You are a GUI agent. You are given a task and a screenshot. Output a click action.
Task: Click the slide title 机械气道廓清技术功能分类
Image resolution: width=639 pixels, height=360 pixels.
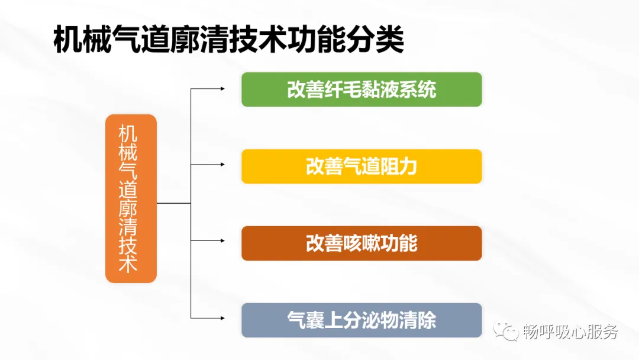[x=228, y=40]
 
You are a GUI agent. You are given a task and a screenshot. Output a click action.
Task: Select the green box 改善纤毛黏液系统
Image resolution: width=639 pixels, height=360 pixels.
[x=362, y=89]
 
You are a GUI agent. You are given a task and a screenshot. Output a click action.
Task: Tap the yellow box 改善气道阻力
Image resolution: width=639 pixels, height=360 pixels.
[x=362, y=166]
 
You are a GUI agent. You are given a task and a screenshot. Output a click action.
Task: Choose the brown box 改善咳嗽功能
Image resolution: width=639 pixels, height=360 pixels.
[x=362, y=243]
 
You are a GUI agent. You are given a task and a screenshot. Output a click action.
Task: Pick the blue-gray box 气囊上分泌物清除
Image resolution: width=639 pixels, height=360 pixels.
[x=362, y=320]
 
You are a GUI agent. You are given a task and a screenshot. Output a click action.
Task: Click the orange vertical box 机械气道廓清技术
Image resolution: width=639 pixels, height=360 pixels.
[x=131, y=198]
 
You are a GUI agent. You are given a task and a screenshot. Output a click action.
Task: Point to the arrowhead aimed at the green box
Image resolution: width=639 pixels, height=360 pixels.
[x=222, y=89]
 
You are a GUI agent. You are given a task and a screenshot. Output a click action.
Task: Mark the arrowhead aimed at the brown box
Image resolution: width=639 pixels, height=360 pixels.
[x=222, y=241]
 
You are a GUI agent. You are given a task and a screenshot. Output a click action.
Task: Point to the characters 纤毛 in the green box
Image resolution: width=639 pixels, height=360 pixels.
[x=343, y=89]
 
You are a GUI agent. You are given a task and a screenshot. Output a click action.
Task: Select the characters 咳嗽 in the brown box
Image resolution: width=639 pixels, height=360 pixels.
[x=362, y=243]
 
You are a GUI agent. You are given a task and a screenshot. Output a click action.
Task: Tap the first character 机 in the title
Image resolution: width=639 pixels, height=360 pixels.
[x=68, y=40]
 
